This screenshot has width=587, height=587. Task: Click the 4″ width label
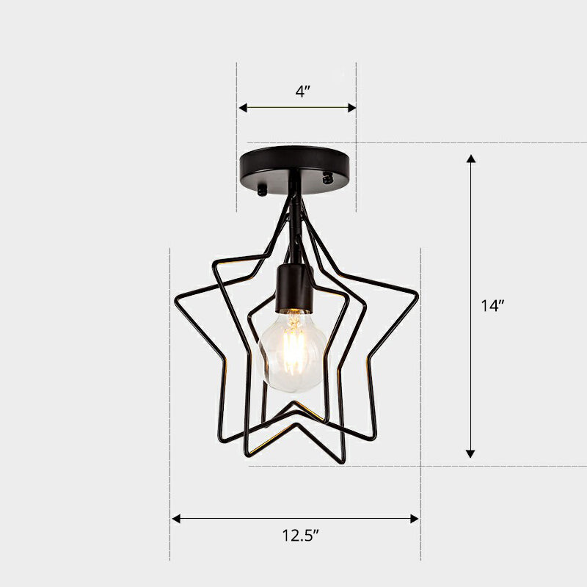302,92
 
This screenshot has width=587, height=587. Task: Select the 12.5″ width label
296,536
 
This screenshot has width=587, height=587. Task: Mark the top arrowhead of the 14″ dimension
471,158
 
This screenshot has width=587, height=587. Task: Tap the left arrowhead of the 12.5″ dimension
176,519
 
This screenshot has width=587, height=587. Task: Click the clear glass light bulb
292,351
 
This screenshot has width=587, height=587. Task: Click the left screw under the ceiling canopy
262,190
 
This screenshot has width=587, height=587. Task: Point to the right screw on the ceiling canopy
328,178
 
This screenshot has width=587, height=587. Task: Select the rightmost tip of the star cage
417,297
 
